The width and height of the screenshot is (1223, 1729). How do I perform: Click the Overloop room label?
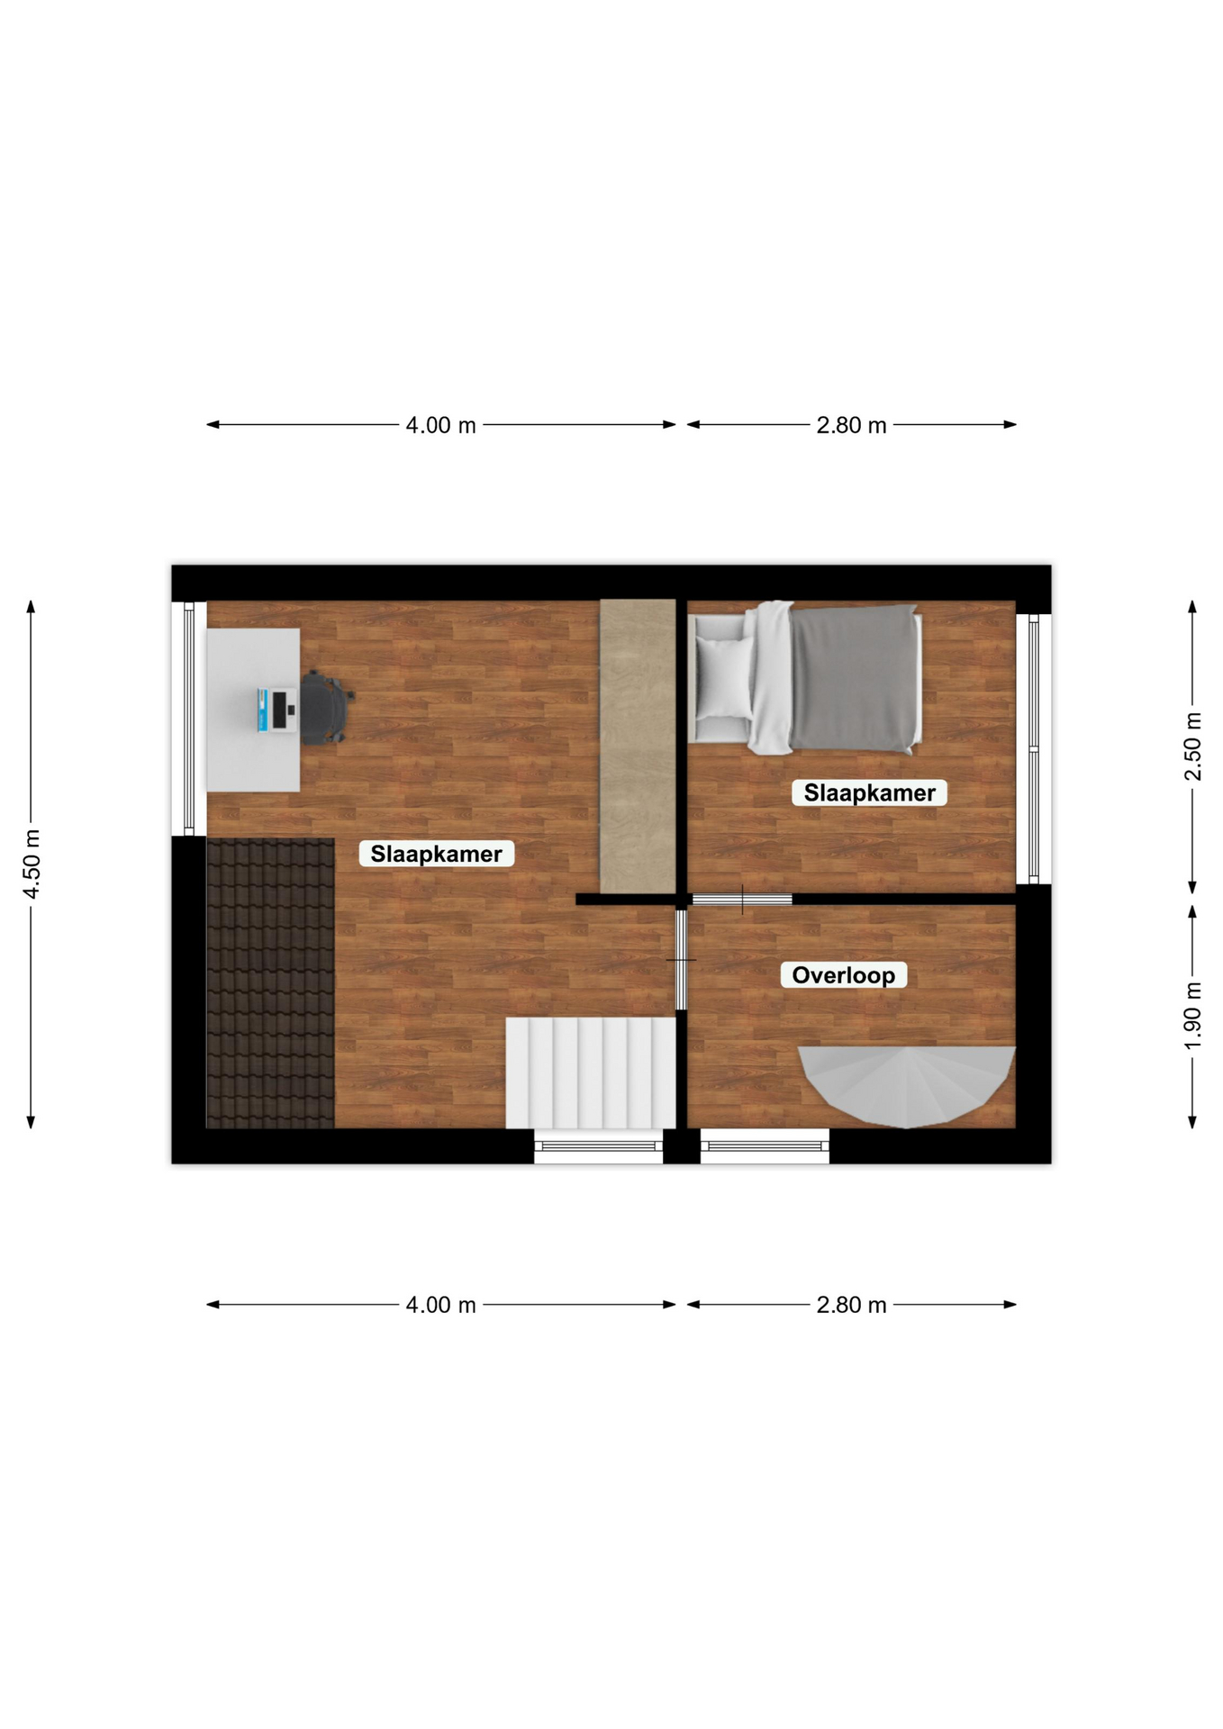click(x=843, y=975)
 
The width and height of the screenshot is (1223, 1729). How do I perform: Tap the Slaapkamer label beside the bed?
click(x=869, y=792)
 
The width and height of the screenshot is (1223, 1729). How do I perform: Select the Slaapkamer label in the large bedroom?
click(x=436, y=854)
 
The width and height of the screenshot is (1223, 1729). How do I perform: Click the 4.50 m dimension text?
click(x=32, y=864)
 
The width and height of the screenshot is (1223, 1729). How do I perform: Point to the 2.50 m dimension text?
click(x=1192, y=747)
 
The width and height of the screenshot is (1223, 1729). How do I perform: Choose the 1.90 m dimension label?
click(x=1192, y=1015)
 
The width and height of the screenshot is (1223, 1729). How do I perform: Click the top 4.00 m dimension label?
click(x=440, y=425)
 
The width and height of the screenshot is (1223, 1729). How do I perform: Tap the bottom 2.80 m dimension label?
click(x=851, y=1305)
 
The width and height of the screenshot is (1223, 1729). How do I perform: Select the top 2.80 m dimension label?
click(x=851, y=425)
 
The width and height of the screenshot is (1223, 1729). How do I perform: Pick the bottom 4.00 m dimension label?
click(x=440, y=1305)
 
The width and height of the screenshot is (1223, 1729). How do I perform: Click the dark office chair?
click(x=325, y=708)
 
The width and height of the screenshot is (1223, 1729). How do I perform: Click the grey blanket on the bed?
click(x=854, y=679)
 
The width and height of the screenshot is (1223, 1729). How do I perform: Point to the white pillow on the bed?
click(x=724, y=678)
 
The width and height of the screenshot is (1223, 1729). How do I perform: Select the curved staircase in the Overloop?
click(x=907, y=1085)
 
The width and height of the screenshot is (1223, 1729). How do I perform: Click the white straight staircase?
click(x=590, y=1073)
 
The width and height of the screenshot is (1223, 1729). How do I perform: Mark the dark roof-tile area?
click(x=270, y=983)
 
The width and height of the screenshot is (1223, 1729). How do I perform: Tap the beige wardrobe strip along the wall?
click(x=638, y=747)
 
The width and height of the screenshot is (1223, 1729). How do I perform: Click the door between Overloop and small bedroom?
click(x=742, y=900)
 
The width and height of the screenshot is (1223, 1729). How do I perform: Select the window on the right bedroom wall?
click(x=1034, y=748)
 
